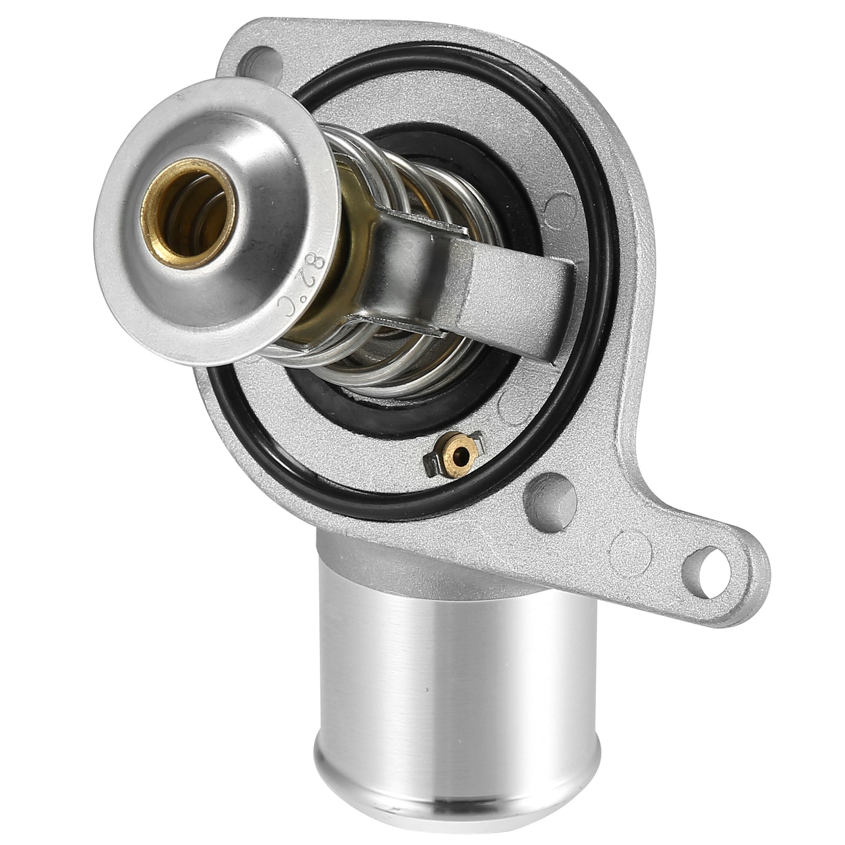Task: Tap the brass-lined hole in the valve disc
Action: [187, 214]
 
